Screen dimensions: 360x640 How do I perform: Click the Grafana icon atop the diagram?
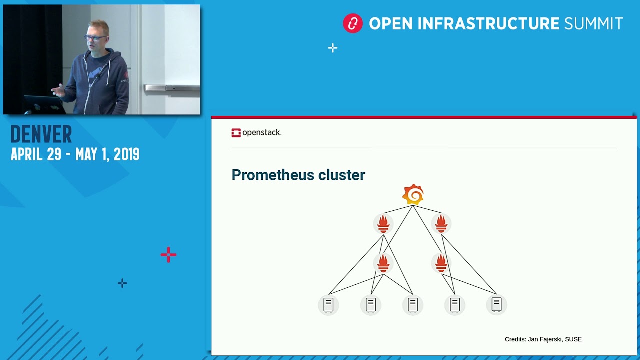click(413, 194)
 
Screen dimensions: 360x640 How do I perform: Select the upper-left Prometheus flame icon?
click(383, 223)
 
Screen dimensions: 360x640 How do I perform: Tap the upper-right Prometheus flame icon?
click(441, 223)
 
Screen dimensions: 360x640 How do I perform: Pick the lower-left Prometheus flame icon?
click(383, 263)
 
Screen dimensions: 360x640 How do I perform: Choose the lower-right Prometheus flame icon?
click(441, 263)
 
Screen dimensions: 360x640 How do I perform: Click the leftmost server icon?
click(328, 304)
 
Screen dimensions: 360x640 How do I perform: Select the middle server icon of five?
click(412, 304)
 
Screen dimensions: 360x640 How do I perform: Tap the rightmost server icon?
click(496, 304)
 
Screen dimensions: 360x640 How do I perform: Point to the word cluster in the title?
click(343, 175)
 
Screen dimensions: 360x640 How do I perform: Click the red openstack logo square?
click(236, 133)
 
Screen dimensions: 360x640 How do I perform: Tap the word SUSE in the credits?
click(573, 339)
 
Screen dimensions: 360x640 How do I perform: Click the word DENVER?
click(41, 135)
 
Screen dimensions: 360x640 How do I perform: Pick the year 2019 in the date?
click(126, 154)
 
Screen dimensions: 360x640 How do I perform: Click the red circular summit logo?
click(352, 23)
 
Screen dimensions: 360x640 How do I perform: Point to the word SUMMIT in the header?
click(593, 23)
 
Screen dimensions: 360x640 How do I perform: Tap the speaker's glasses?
click(95, 38)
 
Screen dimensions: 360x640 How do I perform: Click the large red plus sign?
click(168, 255)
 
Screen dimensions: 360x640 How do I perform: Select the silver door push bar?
click(171, 88)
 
